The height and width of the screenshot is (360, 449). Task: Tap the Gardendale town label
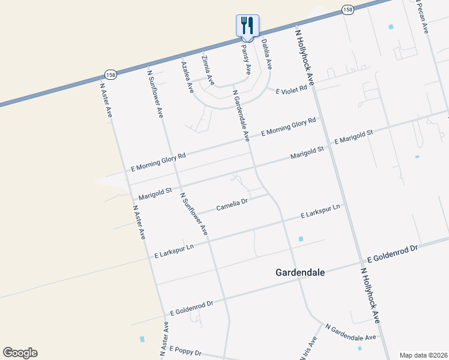coord(300,272)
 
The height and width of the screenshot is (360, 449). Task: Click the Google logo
coord(20,353)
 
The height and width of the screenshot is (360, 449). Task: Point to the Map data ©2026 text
coord(423,355)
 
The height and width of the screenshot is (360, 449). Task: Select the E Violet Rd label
coord(291,89)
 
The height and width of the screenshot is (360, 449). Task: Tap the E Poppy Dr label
coord(185,350)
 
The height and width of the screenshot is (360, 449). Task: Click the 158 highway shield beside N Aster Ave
coord(110,75)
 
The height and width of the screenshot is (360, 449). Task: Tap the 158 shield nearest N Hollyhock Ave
coord(348,10)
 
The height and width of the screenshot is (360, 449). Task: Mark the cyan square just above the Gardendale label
coord(301,239)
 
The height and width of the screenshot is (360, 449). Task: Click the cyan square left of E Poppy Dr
coord(142,339)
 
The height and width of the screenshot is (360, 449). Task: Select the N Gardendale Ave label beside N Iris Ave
coord(350,332)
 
